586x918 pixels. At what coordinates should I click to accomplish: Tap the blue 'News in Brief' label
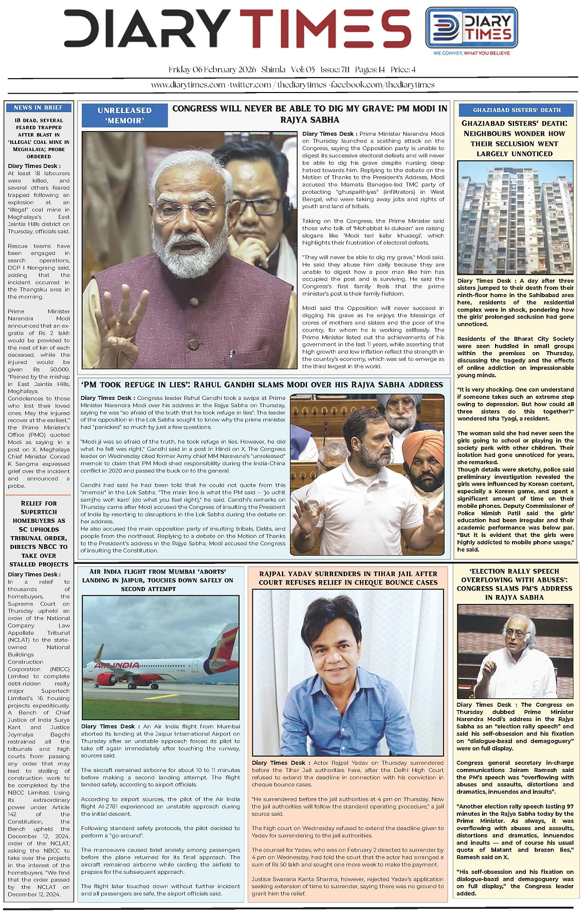point(38,107)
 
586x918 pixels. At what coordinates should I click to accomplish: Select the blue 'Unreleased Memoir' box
point(124,115)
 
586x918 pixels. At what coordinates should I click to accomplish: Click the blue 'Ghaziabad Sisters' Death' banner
point(517,109)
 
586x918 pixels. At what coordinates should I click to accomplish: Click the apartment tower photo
point(516,218)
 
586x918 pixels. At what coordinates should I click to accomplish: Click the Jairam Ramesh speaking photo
point(515,651)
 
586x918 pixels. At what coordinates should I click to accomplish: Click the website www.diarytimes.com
point(188,85)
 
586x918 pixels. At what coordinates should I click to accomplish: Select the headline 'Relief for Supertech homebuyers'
point(39,534)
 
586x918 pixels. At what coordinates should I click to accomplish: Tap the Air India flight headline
point(158,580)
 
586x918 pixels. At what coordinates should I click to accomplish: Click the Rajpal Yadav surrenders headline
point(348,578)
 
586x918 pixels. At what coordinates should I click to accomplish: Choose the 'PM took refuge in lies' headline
point(262,384)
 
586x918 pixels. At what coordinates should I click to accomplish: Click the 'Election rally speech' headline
point(515,584)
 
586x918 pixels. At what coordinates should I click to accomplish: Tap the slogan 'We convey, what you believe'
point(471,53)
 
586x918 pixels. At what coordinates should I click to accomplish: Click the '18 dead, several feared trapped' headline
point(39,138)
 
